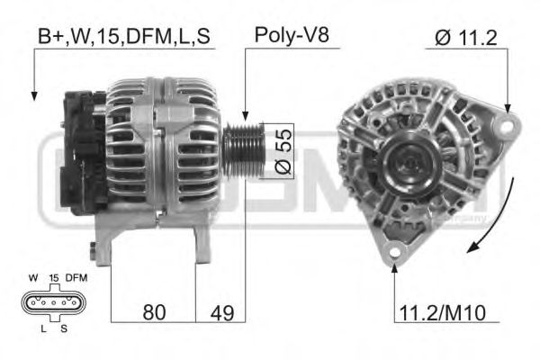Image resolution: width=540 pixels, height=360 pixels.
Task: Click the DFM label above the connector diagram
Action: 76,278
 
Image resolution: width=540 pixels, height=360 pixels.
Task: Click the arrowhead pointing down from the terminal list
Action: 33,94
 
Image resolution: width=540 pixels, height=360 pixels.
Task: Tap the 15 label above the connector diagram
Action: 53,278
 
